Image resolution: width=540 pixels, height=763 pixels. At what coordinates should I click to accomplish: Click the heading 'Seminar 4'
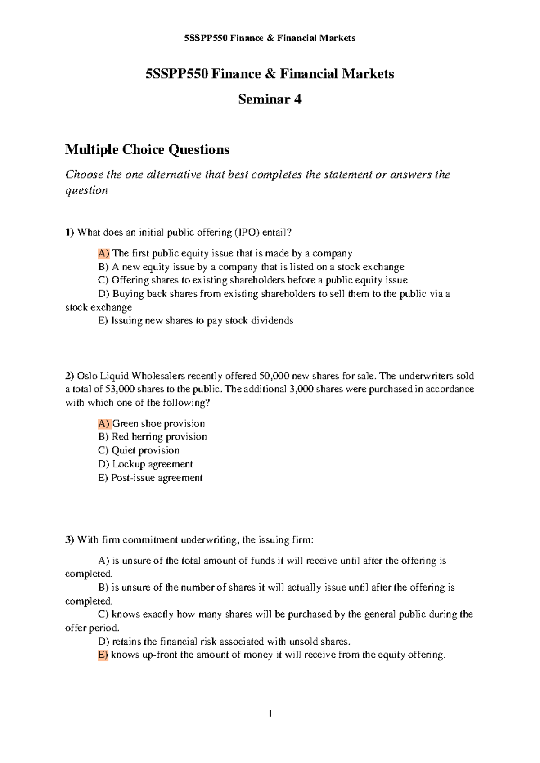(270, 99)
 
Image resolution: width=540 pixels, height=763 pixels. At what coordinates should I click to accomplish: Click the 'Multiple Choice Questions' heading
(147, 149)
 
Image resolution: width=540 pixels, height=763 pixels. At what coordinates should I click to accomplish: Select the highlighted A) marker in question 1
(103, 253)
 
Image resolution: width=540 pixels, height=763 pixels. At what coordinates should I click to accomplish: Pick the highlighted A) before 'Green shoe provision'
(103, 423)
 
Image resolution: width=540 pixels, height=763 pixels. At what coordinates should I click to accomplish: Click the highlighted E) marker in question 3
(103, 655)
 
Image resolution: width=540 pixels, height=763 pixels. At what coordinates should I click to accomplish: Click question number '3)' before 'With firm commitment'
(69, 540)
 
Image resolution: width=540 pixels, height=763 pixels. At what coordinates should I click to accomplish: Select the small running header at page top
(270, 38)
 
